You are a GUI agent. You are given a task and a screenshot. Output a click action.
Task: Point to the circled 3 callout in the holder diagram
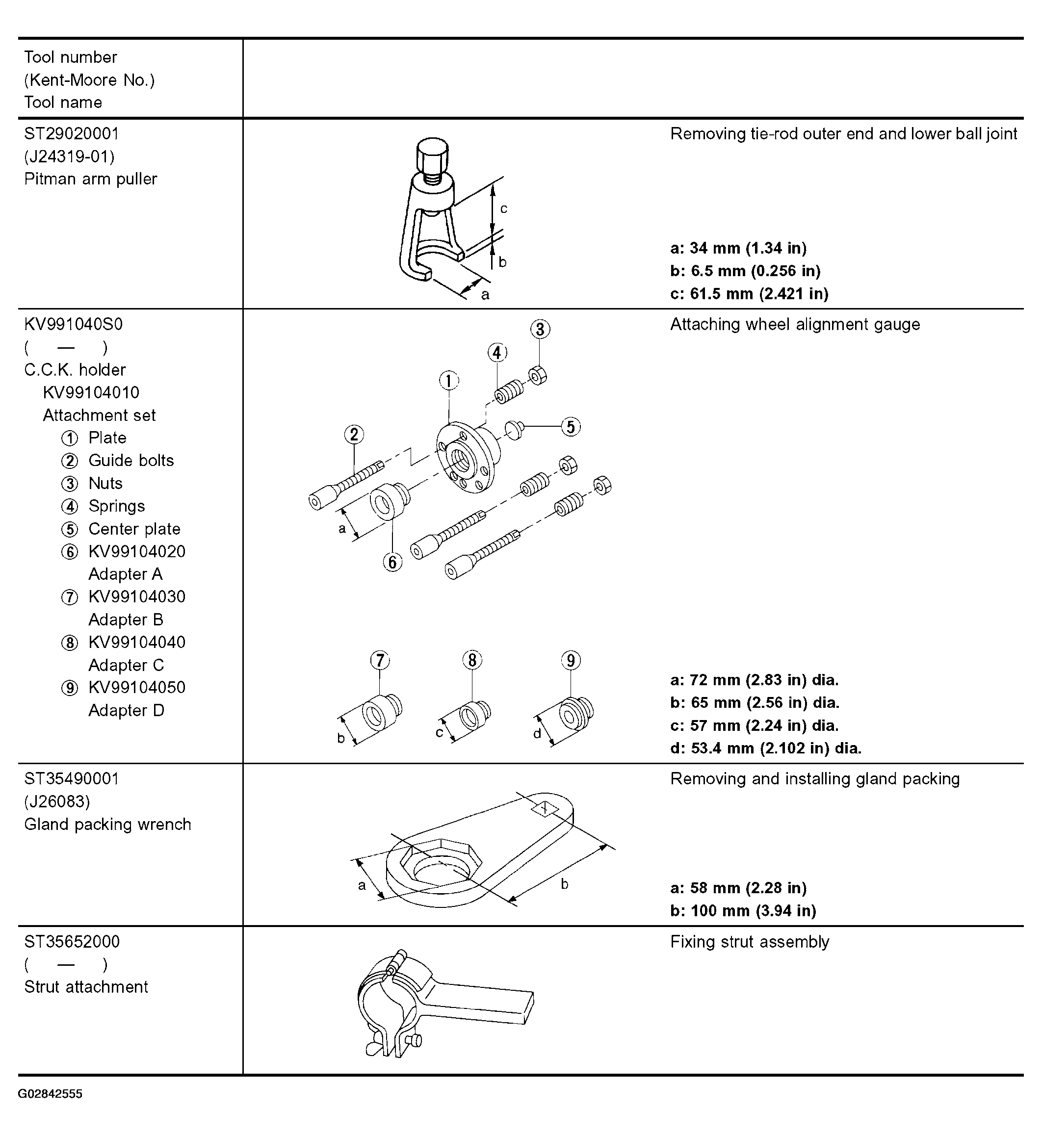click(540, 329)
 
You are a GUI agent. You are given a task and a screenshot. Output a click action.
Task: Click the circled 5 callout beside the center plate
click(571, 427)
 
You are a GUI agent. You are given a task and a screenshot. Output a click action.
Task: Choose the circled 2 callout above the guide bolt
click(354, 435)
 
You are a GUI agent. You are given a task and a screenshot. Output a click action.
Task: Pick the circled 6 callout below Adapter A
click(392, 562)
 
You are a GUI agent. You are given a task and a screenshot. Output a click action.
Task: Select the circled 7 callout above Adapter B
click(380, 660)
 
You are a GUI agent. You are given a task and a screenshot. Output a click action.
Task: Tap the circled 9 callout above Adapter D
click(571, 660)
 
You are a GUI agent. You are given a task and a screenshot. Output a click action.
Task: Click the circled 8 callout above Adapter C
click(472, 660)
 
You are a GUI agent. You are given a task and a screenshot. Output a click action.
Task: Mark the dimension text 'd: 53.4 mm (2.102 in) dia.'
click(766, 748)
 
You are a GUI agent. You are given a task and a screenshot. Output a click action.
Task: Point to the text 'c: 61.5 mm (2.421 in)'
click(749, 294)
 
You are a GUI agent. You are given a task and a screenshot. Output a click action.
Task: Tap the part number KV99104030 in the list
click(137, 596)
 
